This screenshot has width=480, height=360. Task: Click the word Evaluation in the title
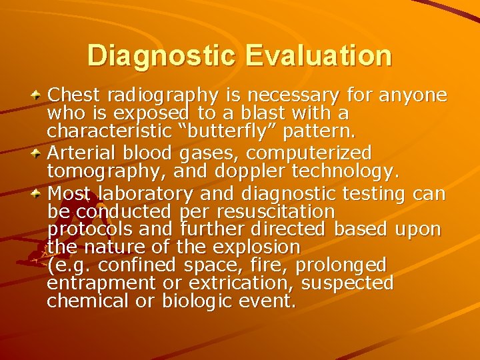pyautogui.click(x=318, y=55)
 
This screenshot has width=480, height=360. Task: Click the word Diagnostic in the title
pyautogui.click(x=161, y=55)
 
